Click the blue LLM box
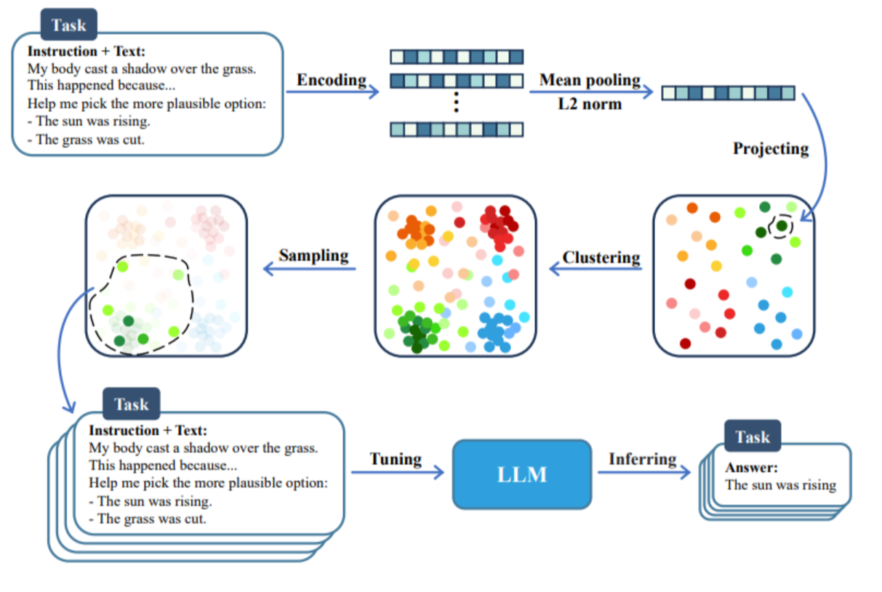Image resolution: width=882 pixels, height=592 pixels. [x=522, y=474]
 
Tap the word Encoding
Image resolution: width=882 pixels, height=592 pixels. [x=332, y=80]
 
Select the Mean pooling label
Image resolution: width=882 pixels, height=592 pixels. [x=590, y=80]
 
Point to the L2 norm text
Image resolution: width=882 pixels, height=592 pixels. [x=590, y=104]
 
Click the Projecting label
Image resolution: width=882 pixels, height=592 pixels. [x=771, y=149]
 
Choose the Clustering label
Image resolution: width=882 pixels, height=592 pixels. [x=601, y=258]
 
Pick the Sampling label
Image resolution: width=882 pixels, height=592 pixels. [x=314, y=256]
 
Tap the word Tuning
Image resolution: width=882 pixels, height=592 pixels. [x=396, y=458]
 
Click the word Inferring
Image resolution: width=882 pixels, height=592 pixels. [x=643, y=458]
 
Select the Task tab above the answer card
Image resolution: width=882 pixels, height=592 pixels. [x=753, y=437]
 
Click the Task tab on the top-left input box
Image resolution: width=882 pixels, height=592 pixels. [x=69, y=25]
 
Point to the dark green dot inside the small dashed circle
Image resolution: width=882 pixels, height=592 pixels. [x=782, y=226]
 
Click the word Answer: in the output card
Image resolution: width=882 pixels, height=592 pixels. [x=751, y=467]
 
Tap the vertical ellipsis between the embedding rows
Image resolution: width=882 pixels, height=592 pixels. [x=457, y=102]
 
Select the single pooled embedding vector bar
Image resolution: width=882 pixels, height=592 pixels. [x=729, y=93]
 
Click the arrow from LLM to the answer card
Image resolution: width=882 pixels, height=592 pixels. [x=644, y=472]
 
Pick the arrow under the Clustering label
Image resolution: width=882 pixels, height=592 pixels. [x=596, y=269]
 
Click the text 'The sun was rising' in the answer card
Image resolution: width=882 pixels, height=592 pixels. [x=780, y=485]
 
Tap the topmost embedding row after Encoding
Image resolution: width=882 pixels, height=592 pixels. [x=457, y=57]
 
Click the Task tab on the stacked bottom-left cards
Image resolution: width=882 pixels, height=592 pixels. [x=132, y=404]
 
